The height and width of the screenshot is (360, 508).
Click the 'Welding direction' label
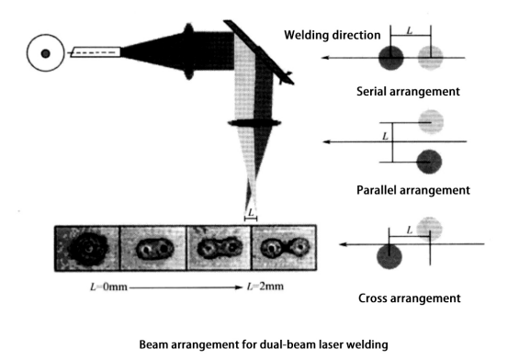[x=333, y=35]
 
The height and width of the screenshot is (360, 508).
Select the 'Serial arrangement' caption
[x=408, y=91]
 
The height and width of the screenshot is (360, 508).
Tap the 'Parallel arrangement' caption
[x=413, y=190]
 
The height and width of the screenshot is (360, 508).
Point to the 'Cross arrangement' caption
[x=410, y=298]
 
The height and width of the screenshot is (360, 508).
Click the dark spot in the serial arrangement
[x=391, y=58]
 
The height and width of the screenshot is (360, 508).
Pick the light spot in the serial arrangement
[x=430, y=58]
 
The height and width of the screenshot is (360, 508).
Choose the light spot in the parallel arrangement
[x=431, y=122]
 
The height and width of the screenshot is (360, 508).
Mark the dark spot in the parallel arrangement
[x=429, y=162]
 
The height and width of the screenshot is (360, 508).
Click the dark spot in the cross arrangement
[x=389, y=256]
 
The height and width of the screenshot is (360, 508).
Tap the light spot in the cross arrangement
[x=429, y=229]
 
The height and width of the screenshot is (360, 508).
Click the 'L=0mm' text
[x=108, y=287]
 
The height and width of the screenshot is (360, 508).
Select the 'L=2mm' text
[x=265, y=287]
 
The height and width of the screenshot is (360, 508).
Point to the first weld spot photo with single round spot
[x=87, y=248]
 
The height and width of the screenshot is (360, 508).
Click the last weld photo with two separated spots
[x=284, y=248]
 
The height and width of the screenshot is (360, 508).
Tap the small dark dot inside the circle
[x=45, y=53]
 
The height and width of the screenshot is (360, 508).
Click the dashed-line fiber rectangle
[x=96, y=52]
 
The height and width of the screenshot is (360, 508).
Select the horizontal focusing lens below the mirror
[x=254, y=123]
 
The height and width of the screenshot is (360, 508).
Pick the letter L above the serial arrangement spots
[x=410, y=31]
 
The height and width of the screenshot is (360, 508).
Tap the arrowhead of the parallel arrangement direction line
[x=327, y=142]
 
